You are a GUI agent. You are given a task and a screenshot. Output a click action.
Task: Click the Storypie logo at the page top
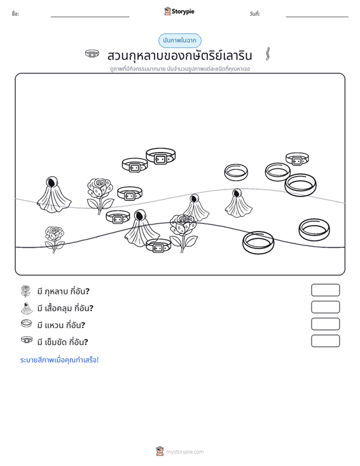179,11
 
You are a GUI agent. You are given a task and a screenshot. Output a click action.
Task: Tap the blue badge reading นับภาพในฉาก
179,41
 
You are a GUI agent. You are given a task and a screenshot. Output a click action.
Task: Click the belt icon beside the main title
92,54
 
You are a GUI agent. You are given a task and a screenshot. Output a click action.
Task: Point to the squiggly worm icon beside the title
268,54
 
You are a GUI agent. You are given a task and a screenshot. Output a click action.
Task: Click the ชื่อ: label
15,14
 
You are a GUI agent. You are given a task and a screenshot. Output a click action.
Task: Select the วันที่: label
255,14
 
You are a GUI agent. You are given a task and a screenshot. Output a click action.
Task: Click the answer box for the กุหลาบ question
325,290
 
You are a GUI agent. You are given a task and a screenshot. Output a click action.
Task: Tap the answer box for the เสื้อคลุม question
325,307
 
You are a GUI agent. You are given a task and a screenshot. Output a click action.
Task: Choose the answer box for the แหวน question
325,324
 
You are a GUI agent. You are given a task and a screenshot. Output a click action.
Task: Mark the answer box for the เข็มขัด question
325,341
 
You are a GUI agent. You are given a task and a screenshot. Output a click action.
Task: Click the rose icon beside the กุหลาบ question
26,291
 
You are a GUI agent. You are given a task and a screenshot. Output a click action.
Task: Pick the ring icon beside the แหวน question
26,324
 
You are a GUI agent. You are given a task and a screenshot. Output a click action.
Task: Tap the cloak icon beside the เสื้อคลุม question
27,308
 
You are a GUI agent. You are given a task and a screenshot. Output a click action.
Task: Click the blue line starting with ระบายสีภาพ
59,360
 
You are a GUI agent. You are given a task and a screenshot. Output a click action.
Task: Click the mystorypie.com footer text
184,452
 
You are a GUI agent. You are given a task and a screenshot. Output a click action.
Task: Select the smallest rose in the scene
55,239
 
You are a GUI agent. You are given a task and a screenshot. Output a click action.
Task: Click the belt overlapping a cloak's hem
158,246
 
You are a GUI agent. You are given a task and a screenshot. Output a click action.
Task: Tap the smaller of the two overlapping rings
278,172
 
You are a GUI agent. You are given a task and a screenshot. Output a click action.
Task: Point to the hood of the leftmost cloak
52,182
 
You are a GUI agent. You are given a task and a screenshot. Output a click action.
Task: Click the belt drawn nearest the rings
297,159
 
